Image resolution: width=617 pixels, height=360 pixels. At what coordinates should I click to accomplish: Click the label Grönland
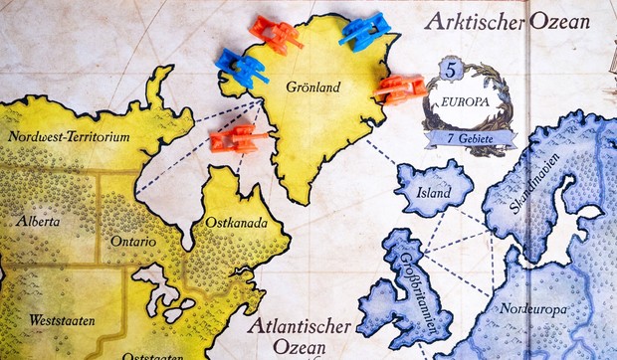(311, 88)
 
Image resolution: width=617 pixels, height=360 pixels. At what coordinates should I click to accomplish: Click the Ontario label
(133, 241)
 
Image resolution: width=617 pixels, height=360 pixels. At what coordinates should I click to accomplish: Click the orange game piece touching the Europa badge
(399, 90)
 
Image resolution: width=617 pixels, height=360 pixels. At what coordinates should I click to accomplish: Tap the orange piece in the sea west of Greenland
(237, 135)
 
